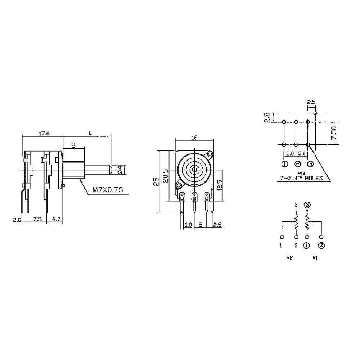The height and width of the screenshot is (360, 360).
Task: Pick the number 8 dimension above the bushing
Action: (x=73, y=145)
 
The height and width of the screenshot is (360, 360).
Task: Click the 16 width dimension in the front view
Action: (x=194, y=138)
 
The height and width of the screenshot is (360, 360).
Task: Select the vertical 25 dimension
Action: (x=155, y=182)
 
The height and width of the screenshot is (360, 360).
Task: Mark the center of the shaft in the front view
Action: (x=194, y=169)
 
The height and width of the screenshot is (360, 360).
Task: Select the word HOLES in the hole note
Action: (x=314, y=178)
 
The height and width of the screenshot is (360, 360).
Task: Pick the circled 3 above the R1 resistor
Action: (x=307, y=206)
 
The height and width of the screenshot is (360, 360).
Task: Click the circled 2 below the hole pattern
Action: (x=298, y=164)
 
